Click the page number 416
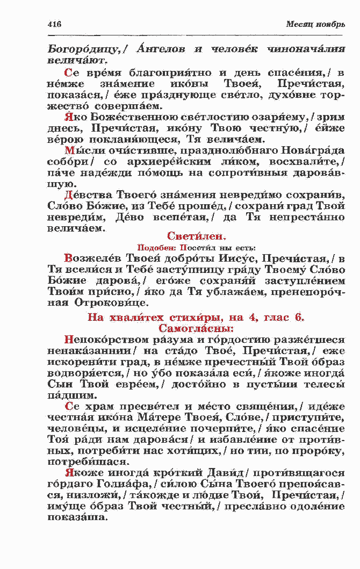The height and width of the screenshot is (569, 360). pos(54,25)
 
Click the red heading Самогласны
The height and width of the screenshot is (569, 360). pos(196,327)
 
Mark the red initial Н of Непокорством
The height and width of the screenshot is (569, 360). pos(68,340)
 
